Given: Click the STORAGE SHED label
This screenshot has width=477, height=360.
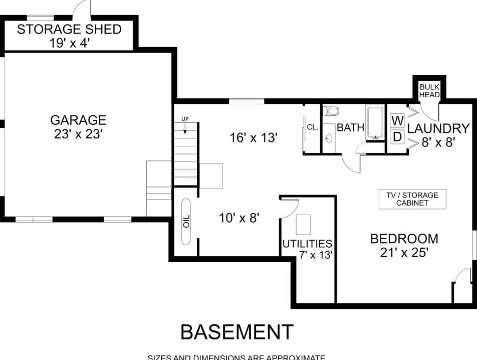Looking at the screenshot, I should [x=69, y=29].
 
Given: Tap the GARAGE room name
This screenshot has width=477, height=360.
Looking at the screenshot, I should [x=78, y=120].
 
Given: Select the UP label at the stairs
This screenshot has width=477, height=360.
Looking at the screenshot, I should [x=185, y=119].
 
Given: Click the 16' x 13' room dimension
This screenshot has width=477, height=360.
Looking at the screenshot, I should [x=254, y=137].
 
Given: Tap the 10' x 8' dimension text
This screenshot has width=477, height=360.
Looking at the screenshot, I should [x=239, y=218].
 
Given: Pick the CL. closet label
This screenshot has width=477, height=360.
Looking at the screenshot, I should [x=312, y=127].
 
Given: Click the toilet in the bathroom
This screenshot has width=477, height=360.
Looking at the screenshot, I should [x=331, y=110].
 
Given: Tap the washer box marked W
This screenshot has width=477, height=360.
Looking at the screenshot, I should [x=397, y=120].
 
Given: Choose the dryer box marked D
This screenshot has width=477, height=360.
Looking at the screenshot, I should [x=397, y=136].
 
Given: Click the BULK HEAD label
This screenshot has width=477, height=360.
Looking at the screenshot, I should [x=429, y=91].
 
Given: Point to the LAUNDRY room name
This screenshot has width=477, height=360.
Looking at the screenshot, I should [x=438, y=128].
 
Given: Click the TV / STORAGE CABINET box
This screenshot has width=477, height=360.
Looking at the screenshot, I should [x=412, y=199].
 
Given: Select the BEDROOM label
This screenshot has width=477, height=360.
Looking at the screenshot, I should [x=404, y=239].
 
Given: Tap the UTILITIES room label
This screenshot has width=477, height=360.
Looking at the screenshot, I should [x=307, y=244].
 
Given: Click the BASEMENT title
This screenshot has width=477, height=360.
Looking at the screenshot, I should [x=237, y=332].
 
